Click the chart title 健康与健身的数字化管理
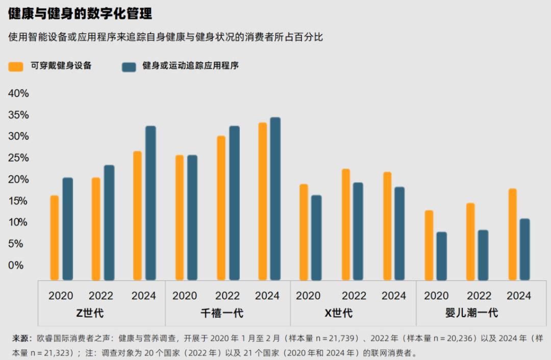click(80, 14)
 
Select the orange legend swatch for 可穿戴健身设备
click(16, 66)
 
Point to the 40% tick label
click(18, 94)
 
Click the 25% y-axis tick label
click(18, 158)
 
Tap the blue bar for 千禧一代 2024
click(275, 199)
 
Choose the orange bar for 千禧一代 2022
click(221, 208)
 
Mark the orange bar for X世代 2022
click(346, 224)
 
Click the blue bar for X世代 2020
click(316, 238)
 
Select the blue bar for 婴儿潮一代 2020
click(441, 256)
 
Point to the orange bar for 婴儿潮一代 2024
click(513, 235)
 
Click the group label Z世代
click(90, 313)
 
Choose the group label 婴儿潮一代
click(471, 313)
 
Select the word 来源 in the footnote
click(21, 338)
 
